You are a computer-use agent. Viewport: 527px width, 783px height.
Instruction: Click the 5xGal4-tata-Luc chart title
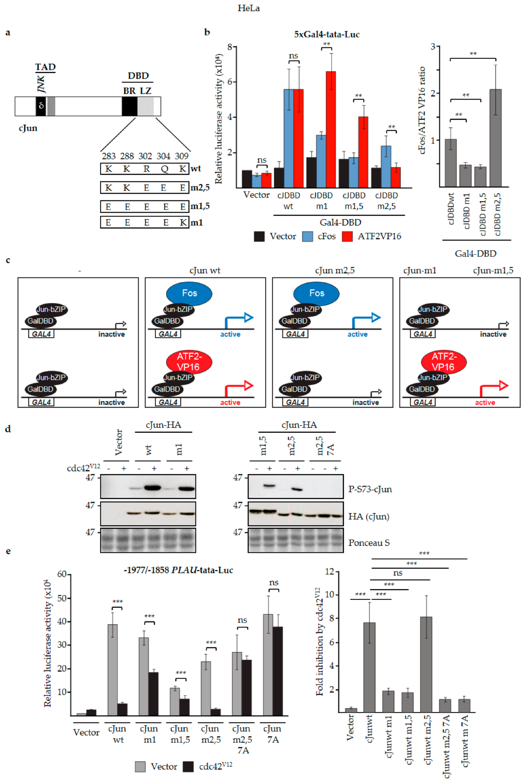tap(327, 34)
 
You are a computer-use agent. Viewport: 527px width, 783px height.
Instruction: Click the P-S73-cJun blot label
tap(370, 489)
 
